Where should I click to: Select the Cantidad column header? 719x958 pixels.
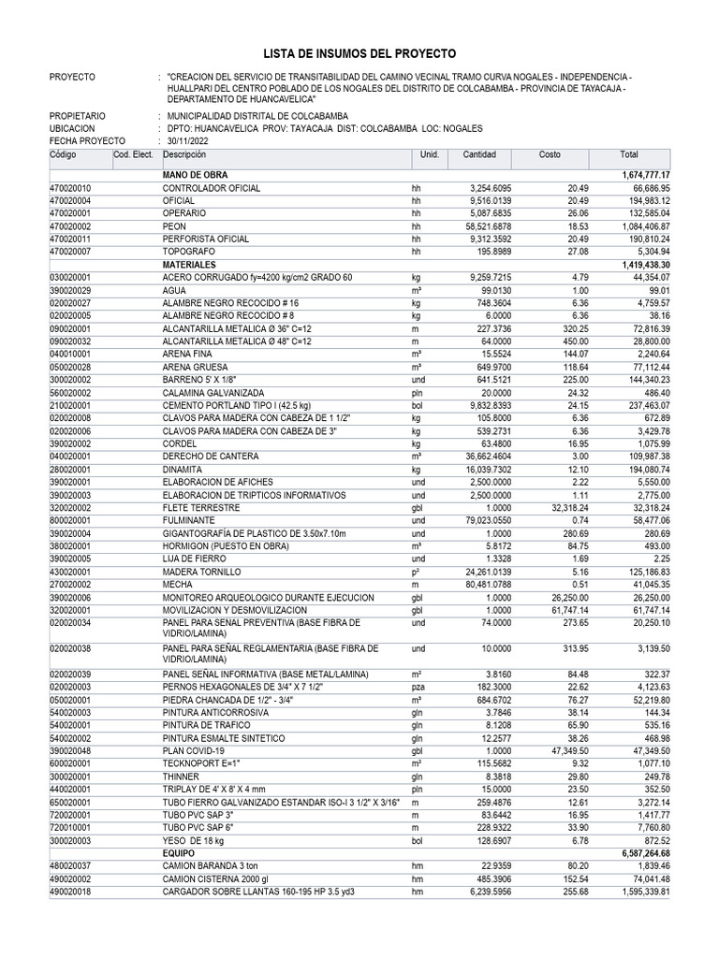tap(479, 154)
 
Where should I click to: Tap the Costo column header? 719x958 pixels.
tap(550, 154)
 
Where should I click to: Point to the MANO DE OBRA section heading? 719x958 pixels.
tap(195, 175)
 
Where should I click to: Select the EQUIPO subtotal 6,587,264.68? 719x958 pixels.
tap(645, 853)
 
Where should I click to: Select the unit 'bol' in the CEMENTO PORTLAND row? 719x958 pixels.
tap(418, 406)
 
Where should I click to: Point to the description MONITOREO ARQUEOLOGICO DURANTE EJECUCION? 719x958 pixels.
tap(268, 597)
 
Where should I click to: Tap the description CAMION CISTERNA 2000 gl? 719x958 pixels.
tap(215, 879)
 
